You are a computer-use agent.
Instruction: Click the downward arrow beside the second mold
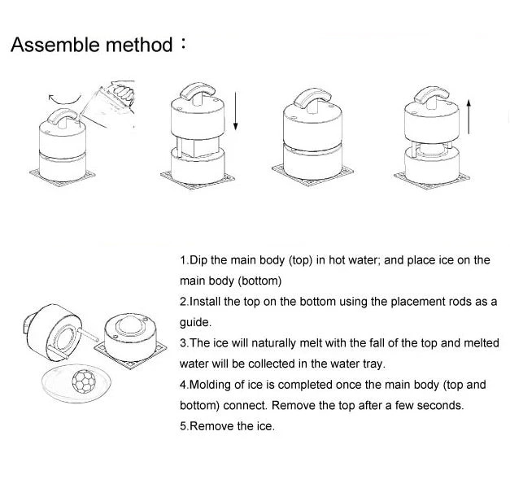pos(235,112)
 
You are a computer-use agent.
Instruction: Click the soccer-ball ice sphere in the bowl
pos(82,381)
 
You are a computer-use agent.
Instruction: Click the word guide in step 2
pos(195,322)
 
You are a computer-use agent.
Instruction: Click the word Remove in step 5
pos(210,426)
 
